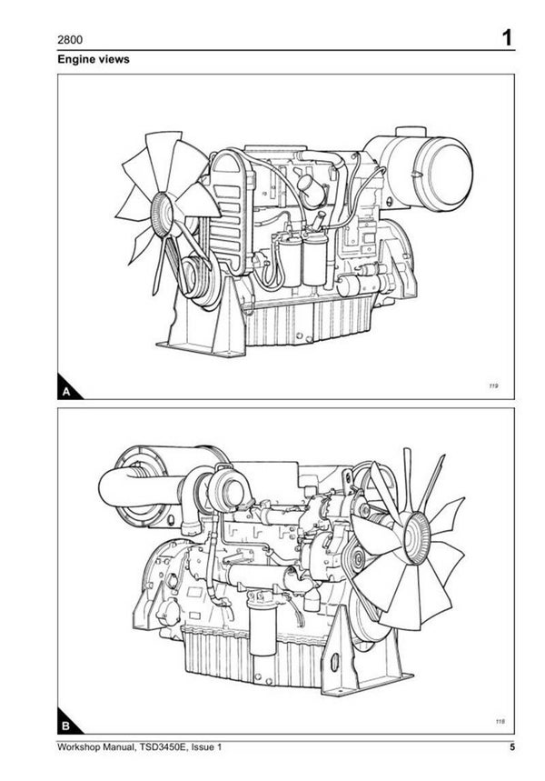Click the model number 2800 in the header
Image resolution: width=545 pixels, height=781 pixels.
pos(70,40)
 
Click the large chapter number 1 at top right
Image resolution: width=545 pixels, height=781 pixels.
pos(507,38)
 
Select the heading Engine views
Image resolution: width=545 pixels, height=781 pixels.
pos(93,59)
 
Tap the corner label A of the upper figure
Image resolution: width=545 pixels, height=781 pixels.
pos(66,392)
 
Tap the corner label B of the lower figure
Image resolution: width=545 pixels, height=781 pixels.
pos(65,726)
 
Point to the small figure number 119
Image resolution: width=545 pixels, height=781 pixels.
pos(493,385)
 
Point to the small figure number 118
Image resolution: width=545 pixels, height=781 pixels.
pos(500,721)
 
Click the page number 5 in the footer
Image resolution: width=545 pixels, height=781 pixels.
pos(512,747)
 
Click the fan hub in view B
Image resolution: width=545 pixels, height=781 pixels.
pos(417,537)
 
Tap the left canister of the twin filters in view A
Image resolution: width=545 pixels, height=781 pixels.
pos(290,260)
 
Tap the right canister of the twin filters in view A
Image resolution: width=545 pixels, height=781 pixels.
pos(315,259)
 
